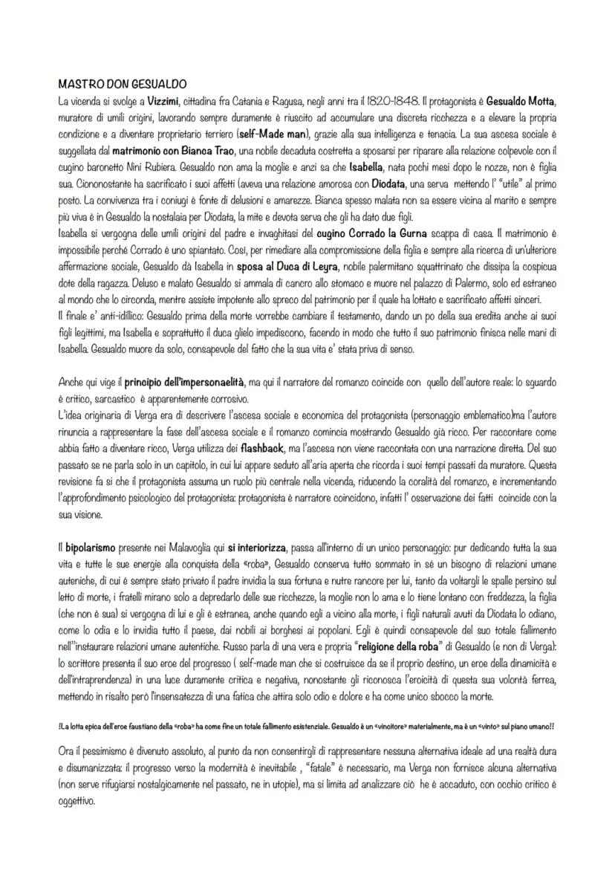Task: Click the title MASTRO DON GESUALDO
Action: [121, 85]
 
